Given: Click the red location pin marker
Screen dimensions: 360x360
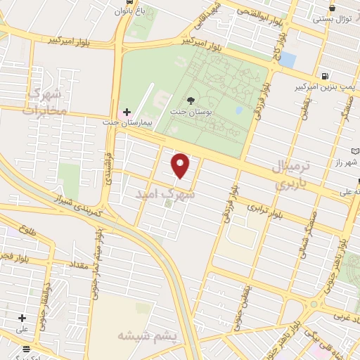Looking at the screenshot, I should (x=181, y=165).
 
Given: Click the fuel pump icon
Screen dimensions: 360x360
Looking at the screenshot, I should (x=324, y=76).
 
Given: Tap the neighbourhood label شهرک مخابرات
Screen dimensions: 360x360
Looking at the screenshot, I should (x=47, y=102).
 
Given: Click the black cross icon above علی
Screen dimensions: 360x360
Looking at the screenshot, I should (x=22, y=318).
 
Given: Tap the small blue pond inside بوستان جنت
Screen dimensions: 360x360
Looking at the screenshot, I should (x=239, y=110).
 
